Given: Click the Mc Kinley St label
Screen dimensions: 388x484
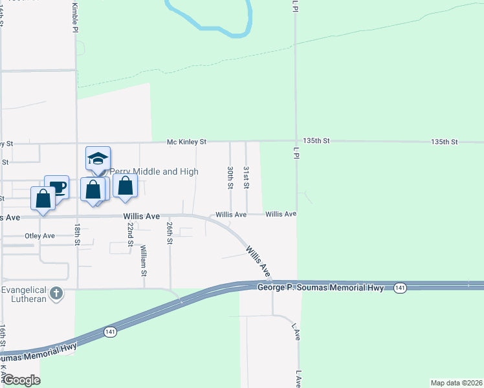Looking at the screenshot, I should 186,141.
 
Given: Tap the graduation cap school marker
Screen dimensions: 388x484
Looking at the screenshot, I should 98,158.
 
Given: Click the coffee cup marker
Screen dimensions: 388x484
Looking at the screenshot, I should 57,187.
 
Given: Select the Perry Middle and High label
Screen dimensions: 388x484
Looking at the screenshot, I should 153,171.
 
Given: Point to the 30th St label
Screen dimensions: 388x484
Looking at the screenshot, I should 230,177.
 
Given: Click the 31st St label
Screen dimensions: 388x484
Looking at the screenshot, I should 247,177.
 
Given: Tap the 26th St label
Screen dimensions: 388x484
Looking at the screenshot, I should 170,233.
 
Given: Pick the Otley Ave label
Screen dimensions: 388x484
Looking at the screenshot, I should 39,236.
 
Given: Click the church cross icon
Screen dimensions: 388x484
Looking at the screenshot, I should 57,294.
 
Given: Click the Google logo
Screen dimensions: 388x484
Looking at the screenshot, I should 21,380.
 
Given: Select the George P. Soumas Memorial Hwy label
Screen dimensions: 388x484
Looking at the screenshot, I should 321,286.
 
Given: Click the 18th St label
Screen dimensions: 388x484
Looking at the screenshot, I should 76,234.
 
